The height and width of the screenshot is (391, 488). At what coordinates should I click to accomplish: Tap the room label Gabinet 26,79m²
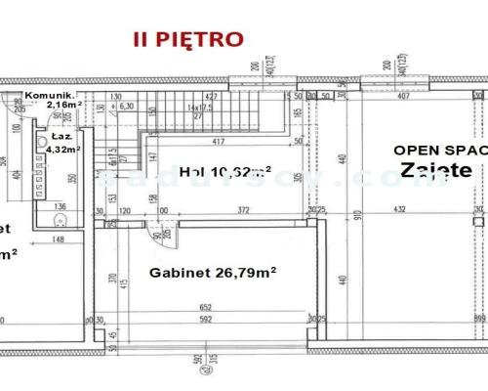point(211,274)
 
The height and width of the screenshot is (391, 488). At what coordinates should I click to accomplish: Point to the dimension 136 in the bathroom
point(60,206)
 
